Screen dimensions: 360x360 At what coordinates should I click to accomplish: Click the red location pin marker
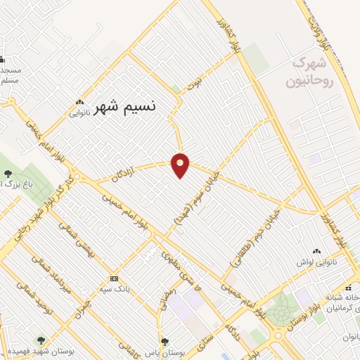point(181,165)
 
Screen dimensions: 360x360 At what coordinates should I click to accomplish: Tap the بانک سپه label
point(115,288)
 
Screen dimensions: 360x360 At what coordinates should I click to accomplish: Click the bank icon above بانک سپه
point(115,278)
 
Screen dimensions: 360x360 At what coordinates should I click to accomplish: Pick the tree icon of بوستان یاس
point(165,341)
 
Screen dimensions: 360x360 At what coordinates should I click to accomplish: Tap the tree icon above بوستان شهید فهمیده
point(39,340)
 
